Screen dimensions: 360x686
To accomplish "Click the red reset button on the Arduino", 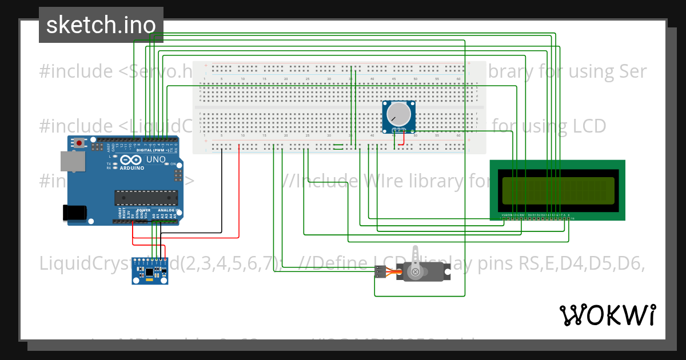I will (78, 141).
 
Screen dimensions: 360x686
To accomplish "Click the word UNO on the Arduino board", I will (155, 159).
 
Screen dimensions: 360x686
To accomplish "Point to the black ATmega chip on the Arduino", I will (146, 198).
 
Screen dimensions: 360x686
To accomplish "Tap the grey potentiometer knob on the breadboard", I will (398, 115).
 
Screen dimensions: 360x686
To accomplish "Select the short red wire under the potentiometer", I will (403, 141).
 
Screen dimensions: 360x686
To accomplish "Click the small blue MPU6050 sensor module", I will (150, 270).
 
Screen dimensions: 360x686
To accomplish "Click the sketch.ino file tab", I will (101, 25).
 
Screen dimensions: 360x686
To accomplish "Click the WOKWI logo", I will (607, 315).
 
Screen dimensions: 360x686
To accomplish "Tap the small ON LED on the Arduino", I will (166, 164).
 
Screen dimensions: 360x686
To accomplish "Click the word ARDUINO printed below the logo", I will (131, 169).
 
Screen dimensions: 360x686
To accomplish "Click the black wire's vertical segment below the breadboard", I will (221, 191).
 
